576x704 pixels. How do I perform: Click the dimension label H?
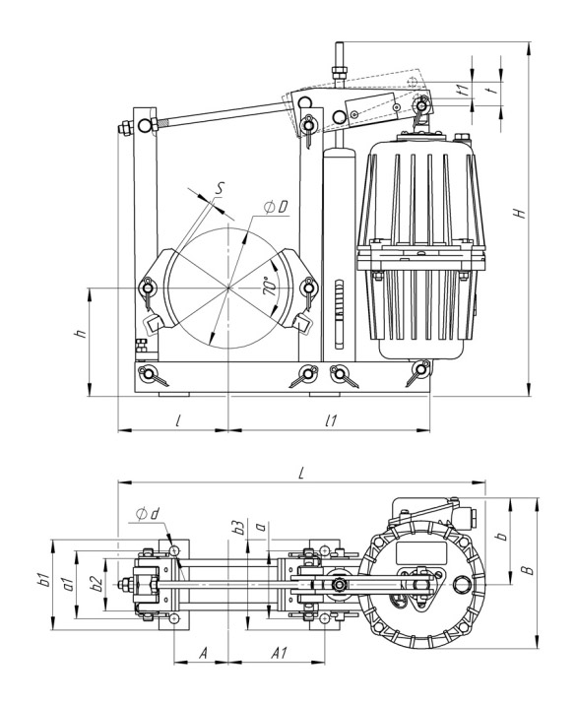[x=520, y=213]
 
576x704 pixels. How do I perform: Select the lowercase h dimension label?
[x=81, y=333]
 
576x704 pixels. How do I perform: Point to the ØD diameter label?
[x=276, y=208]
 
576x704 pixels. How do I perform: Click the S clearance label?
[x=219, y=189]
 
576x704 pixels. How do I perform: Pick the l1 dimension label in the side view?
[x=332, y=420]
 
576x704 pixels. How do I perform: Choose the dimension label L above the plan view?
[x=302, y=473]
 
